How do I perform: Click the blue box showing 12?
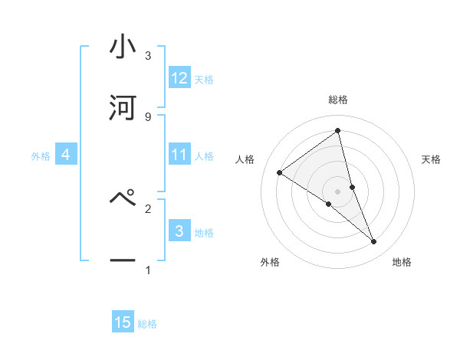[x=179, y=78]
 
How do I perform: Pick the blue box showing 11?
[x=179, y=155]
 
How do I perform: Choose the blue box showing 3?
[x=179, y=231]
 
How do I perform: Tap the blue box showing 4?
[x=66, y=155]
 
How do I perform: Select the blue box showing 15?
[x=123, y=322]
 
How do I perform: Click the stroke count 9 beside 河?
[x=148, y=116]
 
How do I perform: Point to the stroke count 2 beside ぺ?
[x=148, y=208]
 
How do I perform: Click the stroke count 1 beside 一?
[x=148, y=270]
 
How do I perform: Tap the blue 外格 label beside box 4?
[x=41, y=156]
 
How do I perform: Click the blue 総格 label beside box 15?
[x=147, y=324]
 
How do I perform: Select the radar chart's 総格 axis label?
[x=338, y=100]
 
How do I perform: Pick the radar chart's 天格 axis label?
[x=432, y=159]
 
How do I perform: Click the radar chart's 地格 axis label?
[x=402, y=262]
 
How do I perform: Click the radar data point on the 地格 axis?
[x=374, y=242]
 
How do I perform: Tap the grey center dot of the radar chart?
[x=338, y=191]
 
